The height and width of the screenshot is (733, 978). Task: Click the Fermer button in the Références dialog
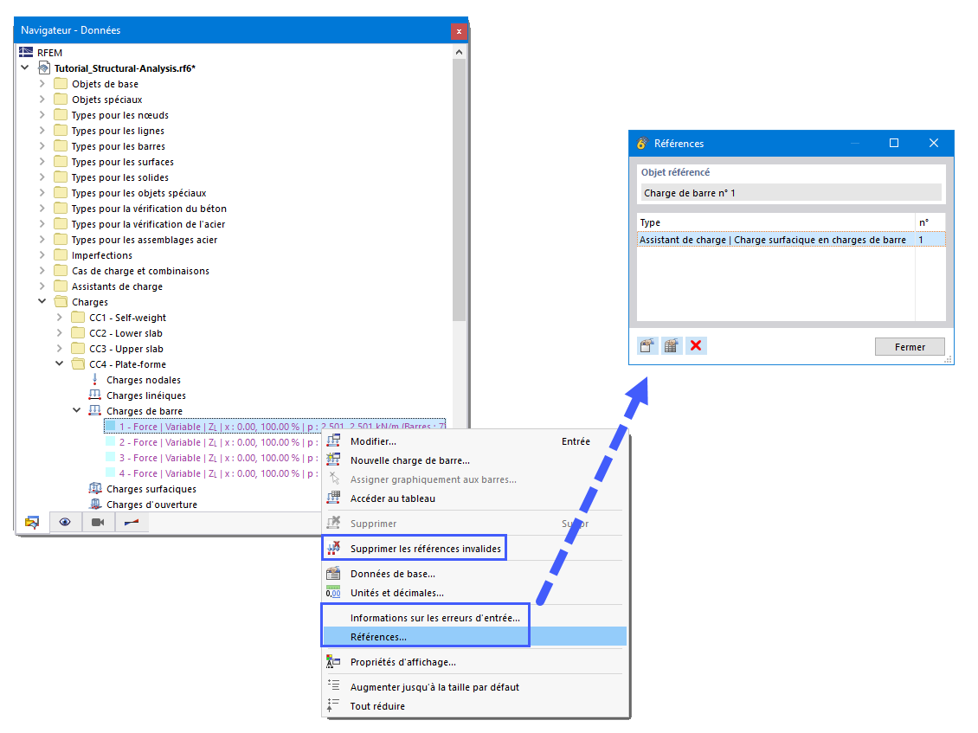(x=910, y=347)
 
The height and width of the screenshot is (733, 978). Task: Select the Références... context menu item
(x=378, y=637)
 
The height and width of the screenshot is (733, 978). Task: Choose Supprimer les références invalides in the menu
(x=425, y=549)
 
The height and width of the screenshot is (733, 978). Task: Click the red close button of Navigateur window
(x=459, y=31)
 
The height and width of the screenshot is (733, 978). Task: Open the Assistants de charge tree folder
(x=117, y=286)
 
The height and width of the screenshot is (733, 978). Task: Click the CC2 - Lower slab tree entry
(x=125, y=333)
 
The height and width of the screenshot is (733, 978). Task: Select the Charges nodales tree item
(x=143, y=380)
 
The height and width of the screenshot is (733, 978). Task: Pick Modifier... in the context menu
(x=373, y=441)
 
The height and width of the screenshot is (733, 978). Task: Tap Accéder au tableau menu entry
(x=392, y=498)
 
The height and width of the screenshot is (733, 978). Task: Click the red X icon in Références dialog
(x=696, y=346)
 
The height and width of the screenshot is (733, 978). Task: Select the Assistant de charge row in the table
(x=772, y=240)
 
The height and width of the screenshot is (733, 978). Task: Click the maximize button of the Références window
(x=894, y=144)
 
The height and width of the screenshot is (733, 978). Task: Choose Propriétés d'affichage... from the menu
(x=402, y=662)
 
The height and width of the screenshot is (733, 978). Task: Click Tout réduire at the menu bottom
(x=377, y=706)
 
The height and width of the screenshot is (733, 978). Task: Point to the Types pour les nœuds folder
(x=119, y=115)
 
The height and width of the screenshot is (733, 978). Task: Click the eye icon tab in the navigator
(x=65, y=522)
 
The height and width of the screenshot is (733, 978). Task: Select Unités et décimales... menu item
(x=396, y=593)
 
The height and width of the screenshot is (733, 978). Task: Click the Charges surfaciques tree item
(x=151, y=489)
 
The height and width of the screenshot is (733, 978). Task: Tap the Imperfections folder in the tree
(x=101, y=255)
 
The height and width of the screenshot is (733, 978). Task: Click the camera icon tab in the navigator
(x=98, y=522)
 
